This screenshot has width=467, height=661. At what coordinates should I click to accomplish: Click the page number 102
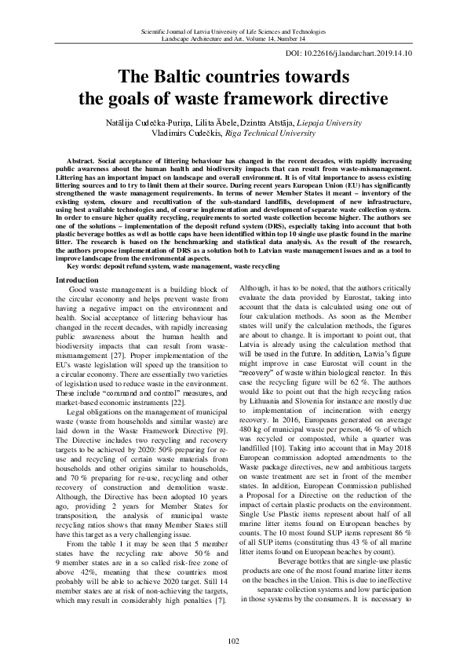pyautogui.click(x=233, y=641)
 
